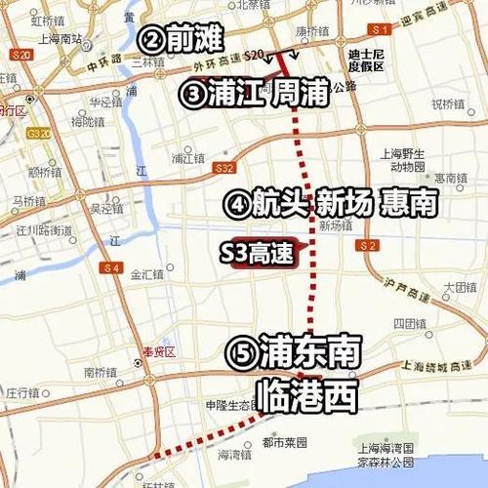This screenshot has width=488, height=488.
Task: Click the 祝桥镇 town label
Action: pyautogui.click(x=448, y=103)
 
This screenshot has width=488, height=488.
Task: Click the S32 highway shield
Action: pyautogui.click(x=226, y=167)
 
